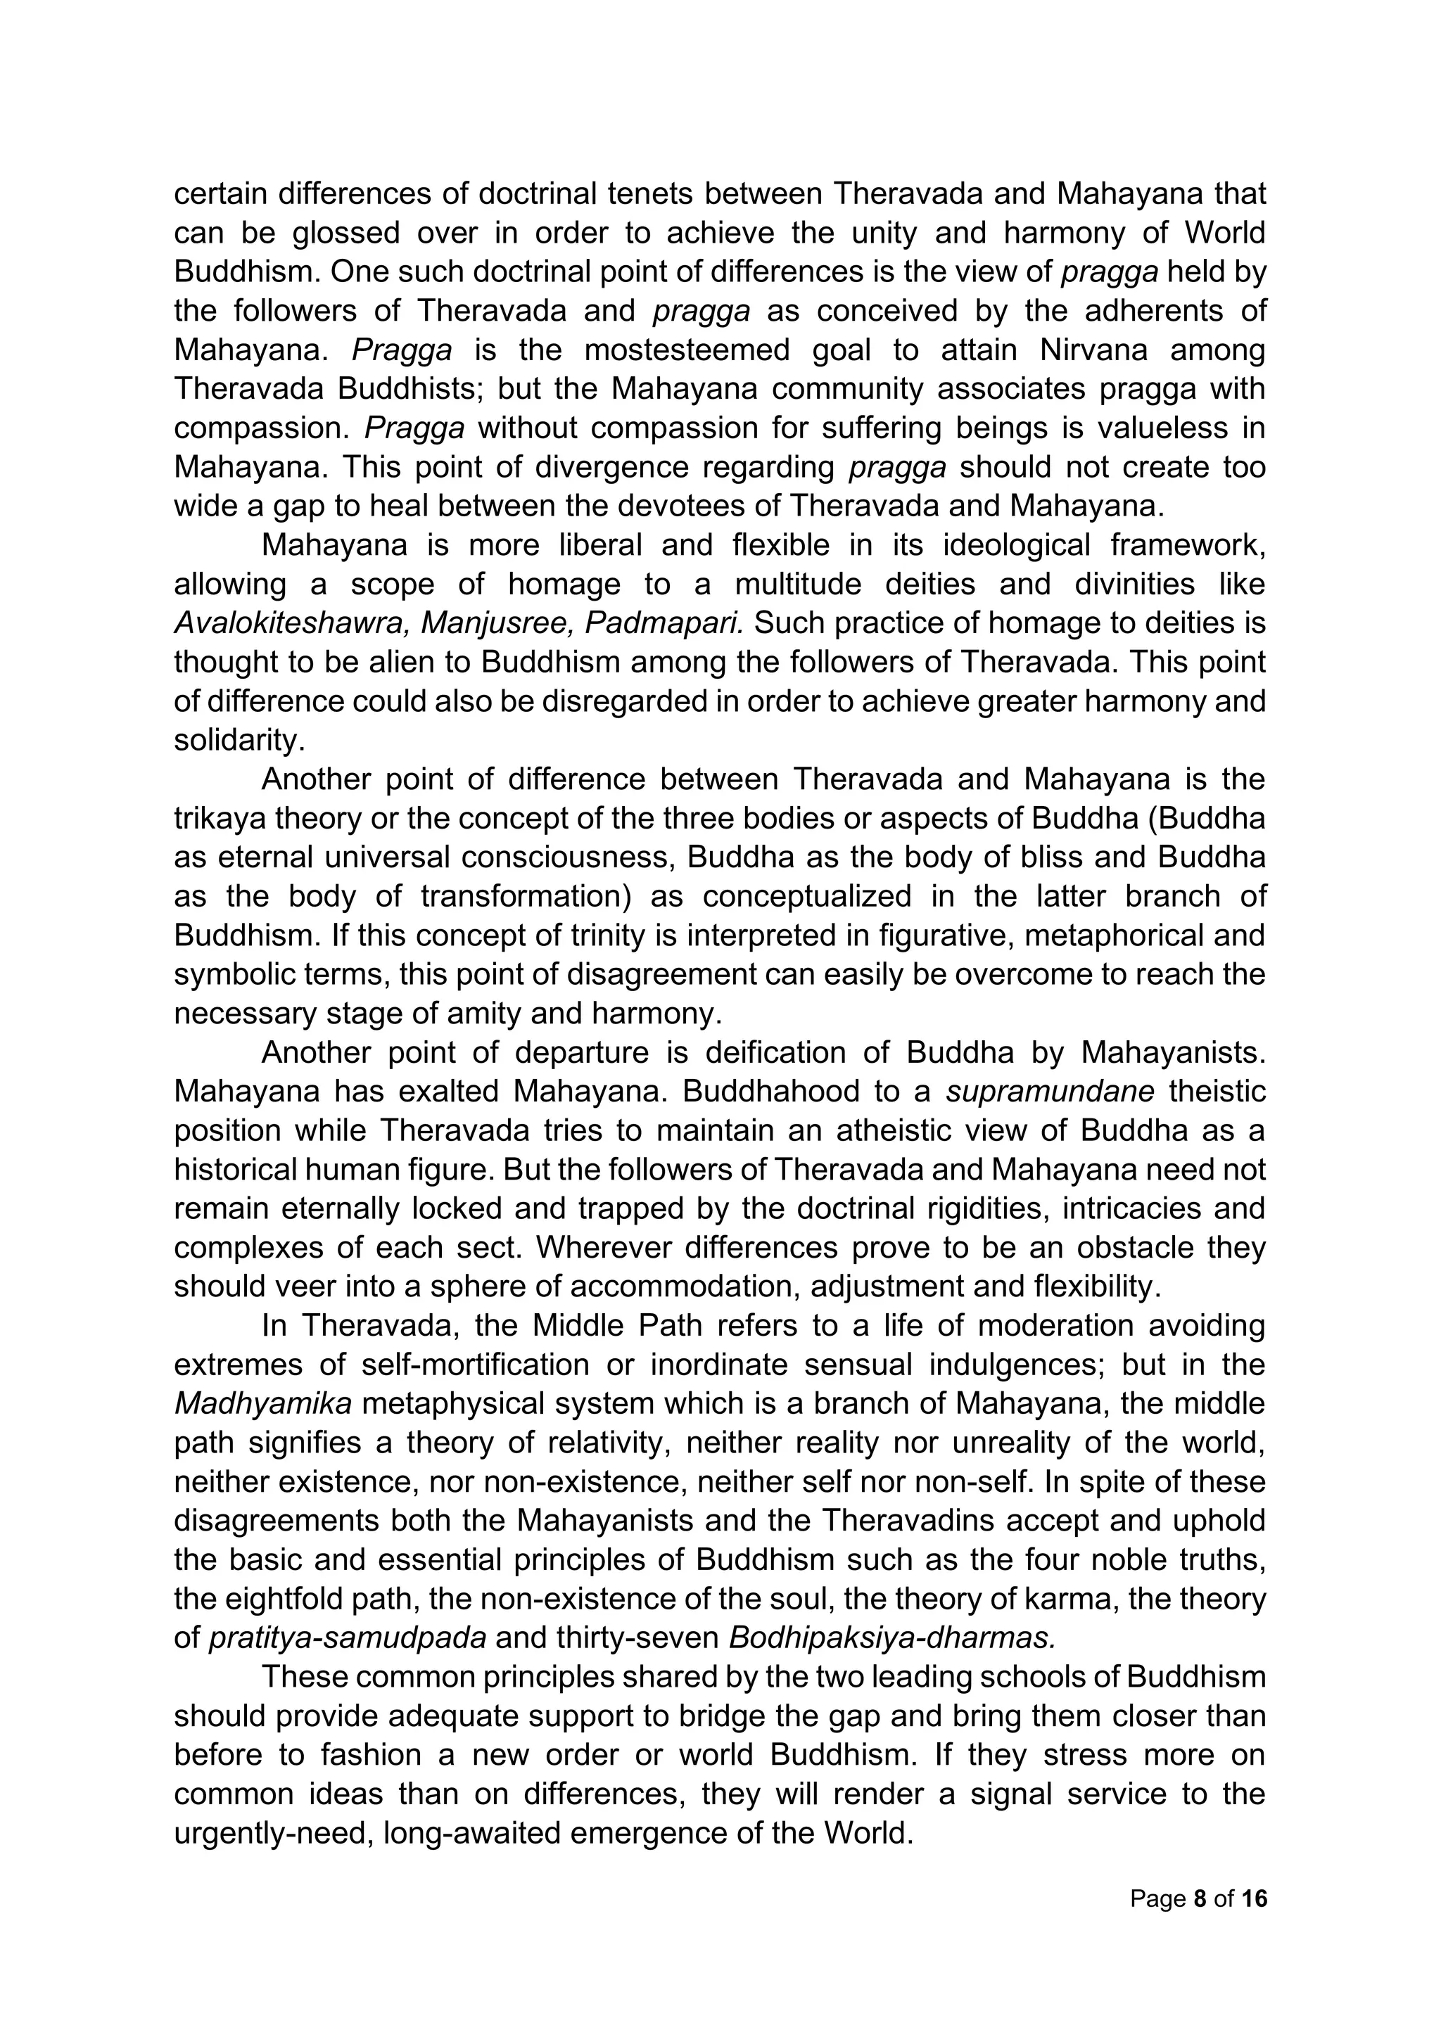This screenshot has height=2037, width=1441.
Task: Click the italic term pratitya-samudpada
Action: click(x=347, y=1639)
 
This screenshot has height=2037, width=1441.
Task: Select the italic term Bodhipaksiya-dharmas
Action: click(x=891, y=1639)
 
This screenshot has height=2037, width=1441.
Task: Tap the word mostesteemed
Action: click(x=686, y=350)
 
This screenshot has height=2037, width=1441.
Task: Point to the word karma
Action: click(x=1064, y=1599)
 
